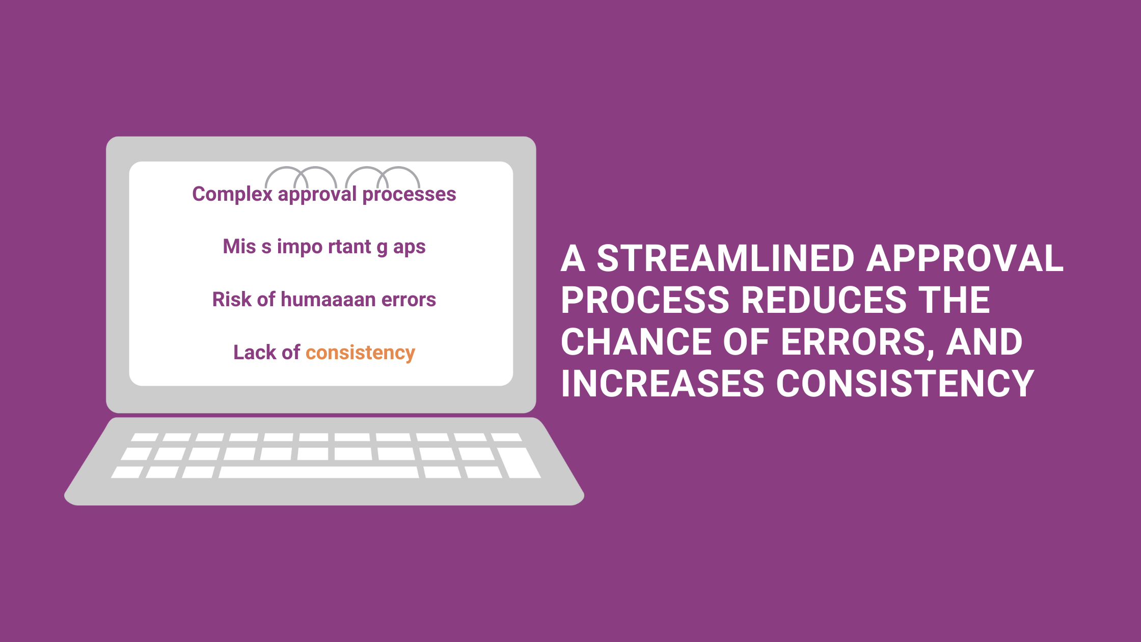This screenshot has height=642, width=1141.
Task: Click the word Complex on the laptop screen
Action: click(x=232, y=195)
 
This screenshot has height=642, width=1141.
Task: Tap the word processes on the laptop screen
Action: click(x=409, y=195)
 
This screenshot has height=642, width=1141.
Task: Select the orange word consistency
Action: click(x=360, y=353)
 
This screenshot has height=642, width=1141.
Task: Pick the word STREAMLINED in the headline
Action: click(x=725, y=258)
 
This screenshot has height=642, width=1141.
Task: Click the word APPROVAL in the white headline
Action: click(x=965, y=258)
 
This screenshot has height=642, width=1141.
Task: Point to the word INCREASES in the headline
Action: click(x=663, y=384)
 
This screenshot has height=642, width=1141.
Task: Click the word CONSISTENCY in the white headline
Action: click(x=905, y=384)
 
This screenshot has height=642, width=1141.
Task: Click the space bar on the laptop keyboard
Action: click(x=319, y=472)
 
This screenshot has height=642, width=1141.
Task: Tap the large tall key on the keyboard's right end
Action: click(x=519, y=463)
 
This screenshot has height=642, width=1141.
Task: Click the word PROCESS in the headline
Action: click(x=645, y=300)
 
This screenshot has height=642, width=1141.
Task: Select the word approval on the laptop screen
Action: click(x=317, y=195)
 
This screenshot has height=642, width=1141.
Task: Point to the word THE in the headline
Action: click(x=955, y=300)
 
